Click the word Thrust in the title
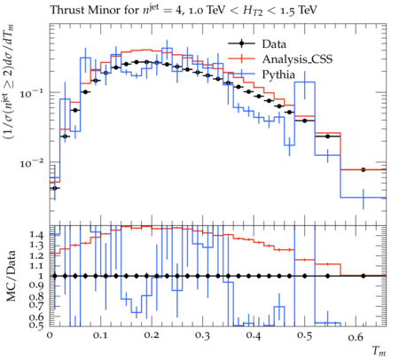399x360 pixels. click(65, 10)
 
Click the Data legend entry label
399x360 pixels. click(274, 44)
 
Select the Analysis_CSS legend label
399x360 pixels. click(297, 59)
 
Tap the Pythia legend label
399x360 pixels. click(278, 74)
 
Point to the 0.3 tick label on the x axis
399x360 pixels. click(202, 336)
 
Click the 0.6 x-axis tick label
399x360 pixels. click(356, 336)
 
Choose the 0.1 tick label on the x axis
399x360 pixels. click(100, 336)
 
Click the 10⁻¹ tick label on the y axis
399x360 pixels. click(31, 93)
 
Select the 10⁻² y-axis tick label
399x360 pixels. click(31, 163)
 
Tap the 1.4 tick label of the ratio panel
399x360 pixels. click(36, 235)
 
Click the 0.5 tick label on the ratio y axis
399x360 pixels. click(36, 325)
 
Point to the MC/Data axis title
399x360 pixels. click(12, 276)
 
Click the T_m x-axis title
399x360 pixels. click(379, 351)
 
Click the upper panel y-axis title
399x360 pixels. click(9, 82)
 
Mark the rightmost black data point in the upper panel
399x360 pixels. click(364, 169)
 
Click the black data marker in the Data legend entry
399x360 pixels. click(241, 44)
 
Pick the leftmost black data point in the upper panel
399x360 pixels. click(54, 188)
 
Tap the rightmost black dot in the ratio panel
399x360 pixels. click(364, 276)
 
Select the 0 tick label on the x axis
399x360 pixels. click(50, 336)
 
